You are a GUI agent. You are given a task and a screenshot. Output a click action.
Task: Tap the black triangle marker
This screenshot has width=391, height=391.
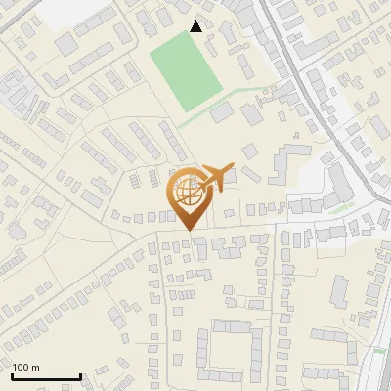click(196, 26)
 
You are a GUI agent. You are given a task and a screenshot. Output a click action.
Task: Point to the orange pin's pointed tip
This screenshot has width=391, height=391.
click(188, 230)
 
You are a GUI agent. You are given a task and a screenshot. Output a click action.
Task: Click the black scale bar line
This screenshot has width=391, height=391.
click(45, 376)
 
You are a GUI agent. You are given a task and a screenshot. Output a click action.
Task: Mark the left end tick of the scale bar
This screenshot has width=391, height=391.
click(11, 374)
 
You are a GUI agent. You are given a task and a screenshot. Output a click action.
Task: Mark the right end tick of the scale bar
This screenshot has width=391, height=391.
click(80, 374)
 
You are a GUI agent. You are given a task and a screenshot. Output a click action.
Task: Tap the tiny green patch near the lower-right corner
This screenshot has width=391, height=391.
click(378, 349)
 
